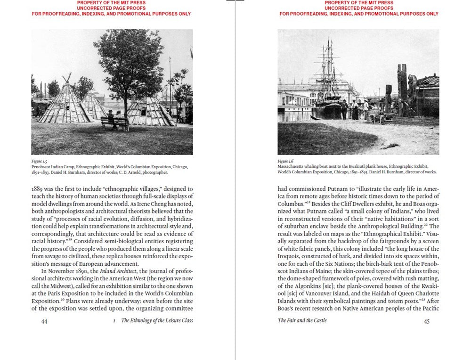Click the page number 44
44,321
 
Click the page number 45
427,321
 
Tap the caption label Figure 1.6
285,162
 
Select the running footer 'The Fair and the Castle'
302,320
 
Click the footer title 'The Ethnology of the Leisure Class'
157,320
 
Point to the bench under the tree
114,123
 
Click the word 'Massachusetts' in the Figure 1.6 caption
292,167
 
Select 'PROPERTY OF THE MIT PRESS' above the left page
111,3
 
